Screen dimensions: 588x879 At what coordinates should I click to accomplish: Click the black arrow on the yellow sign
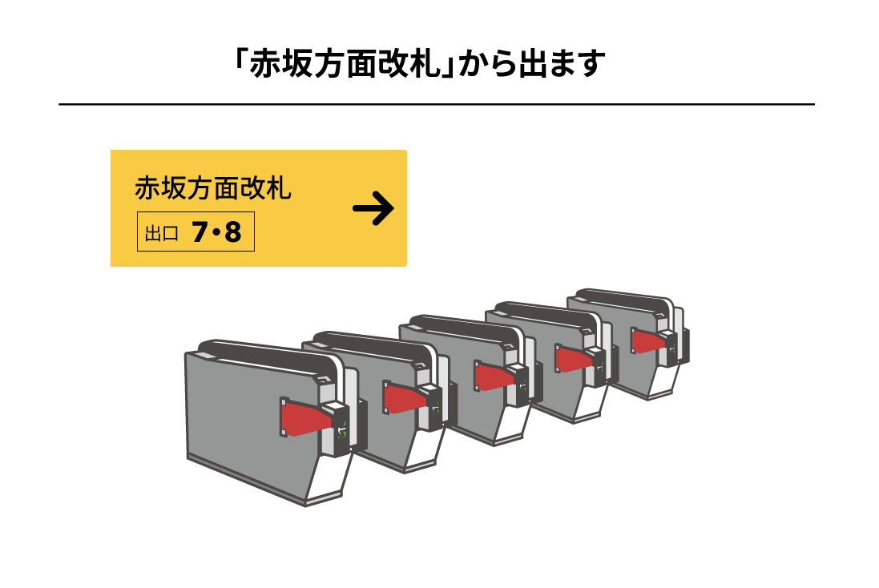click(x=373, y=209)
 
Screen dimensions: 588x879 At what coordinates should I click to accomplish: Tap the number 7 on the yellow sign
click(x=200, y=233)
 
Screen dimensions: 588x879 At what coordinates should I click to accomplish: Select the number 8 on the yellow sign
click(x=232, y=233)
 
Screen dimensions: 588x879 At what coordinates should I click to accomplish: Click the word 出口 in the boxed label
click(x=161, y=234)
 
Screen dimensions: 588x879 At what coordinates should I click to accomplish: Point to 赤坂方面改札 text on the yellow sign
click(x=212, y=189)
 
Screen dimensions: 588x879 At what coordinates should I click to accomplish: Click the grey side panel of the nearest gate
click(x=240, y=409)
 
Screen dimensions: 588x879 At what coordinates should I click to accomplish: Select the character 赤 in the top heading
click(x=265, y=65)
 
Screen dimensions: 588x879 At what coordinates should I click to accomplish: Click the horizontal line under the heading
click(x=437, y=104)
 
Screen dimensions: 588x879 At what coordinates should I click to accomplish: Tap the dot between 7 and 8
click(x=217, y=234)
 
